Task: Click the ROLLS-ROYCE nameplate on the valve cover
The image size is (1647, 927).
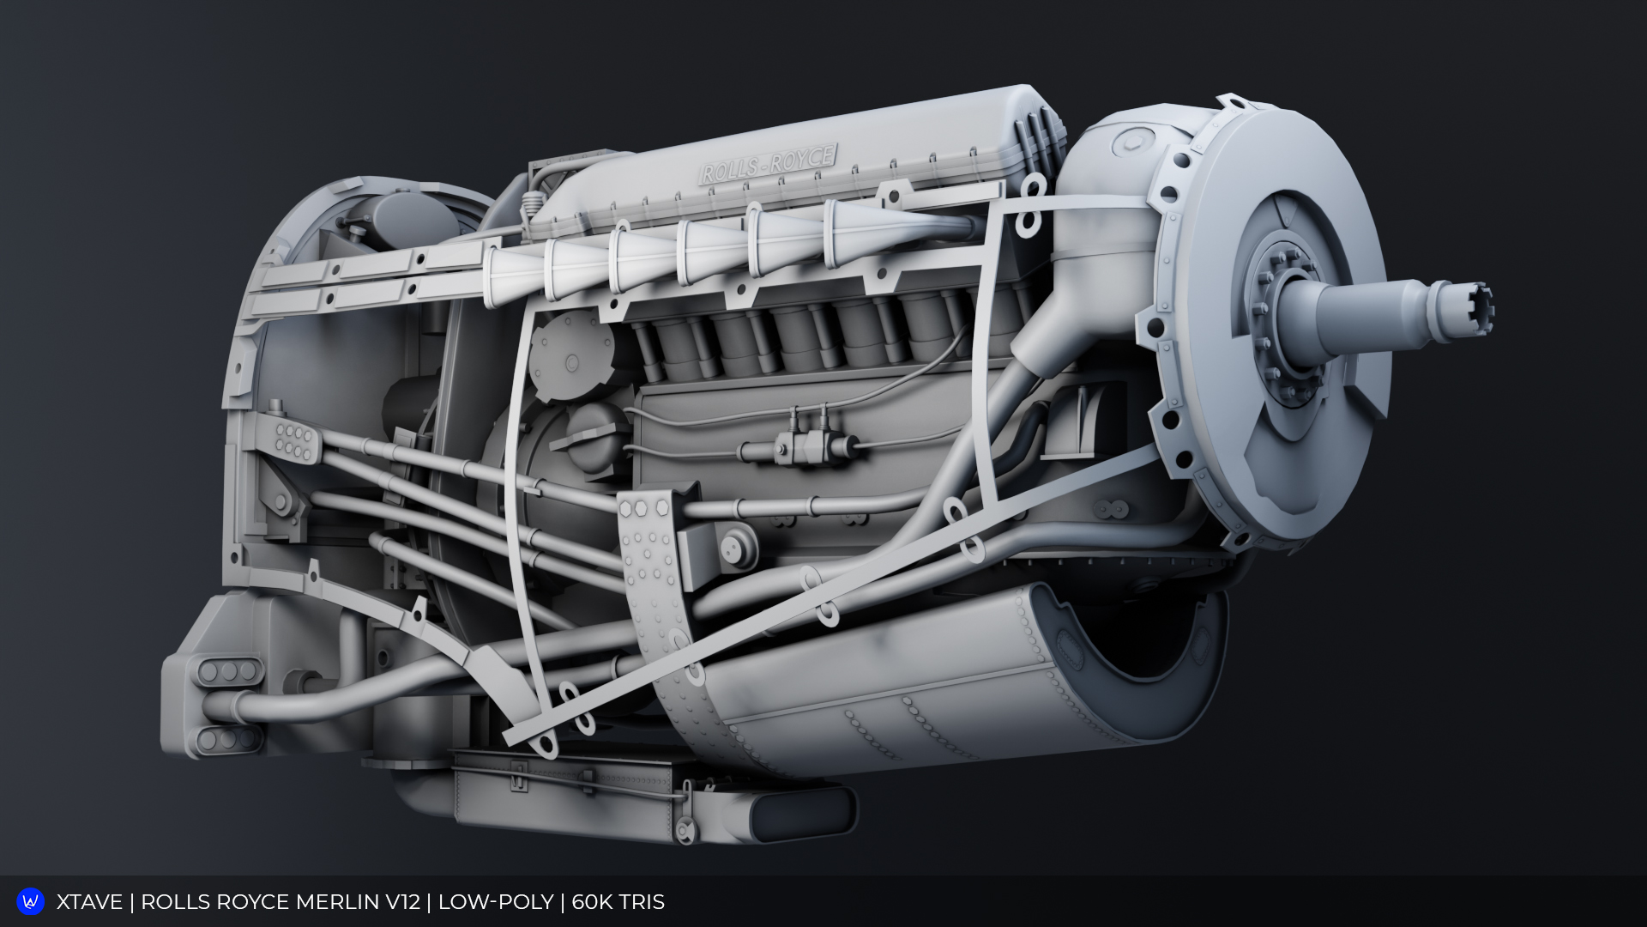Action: [769, 163]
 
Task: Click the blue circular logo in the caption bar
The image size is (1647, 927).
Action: [31, 901]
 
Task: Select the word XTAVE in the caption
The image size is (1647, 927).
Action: [89, 902]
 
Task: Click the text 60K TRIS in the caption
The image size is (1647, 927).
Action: [618, 902]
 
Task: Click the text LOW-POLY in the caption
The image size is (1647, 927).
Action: [495, 902]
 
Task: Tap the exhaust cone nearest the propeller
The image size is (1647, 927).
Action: [866, 232]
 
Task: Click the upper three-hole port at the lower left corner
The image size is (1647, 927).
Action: [229, 671]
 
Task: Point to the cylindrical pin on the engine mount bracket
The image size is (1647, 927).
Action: [733, 545]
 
